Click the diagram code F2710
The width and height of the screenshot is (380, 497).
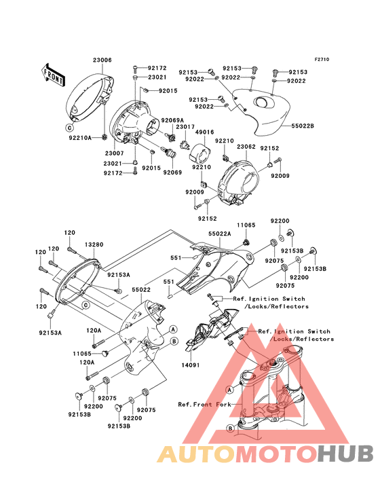pos(322,59)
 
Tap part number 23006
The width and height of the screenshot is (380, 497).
pos(102,60)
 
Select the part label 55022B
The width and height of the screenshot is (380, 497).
pos(303,126)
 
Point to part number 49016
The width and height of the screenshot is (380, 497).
pos(204,132)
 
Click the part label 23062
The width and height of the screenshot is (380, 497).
pos(246,147)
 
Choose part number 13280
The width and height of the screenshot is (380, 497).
pos(94,244)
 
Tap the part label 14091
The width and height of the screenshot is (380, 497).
pos(190,365)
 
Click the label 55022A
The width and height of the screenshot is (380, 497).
pos(219,234)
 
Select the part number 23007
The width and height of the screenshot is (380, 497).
pos(115,153)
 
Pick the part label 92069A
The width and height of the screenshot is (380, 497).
pos(172,120)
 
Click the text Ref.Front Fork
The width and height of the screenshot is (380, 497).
pos(204,405)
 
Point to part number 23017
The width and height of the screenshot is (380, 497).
pos(185,127)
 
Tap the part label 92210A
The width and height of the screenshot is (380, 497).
pos(80,138)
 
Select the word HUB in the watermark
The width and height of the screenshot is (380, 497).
pos(345,454)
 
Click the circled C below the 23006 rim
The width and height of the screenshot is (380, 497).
pos(70,128)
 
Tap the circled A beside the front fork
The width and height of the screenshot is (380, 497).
pos(230,389)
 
